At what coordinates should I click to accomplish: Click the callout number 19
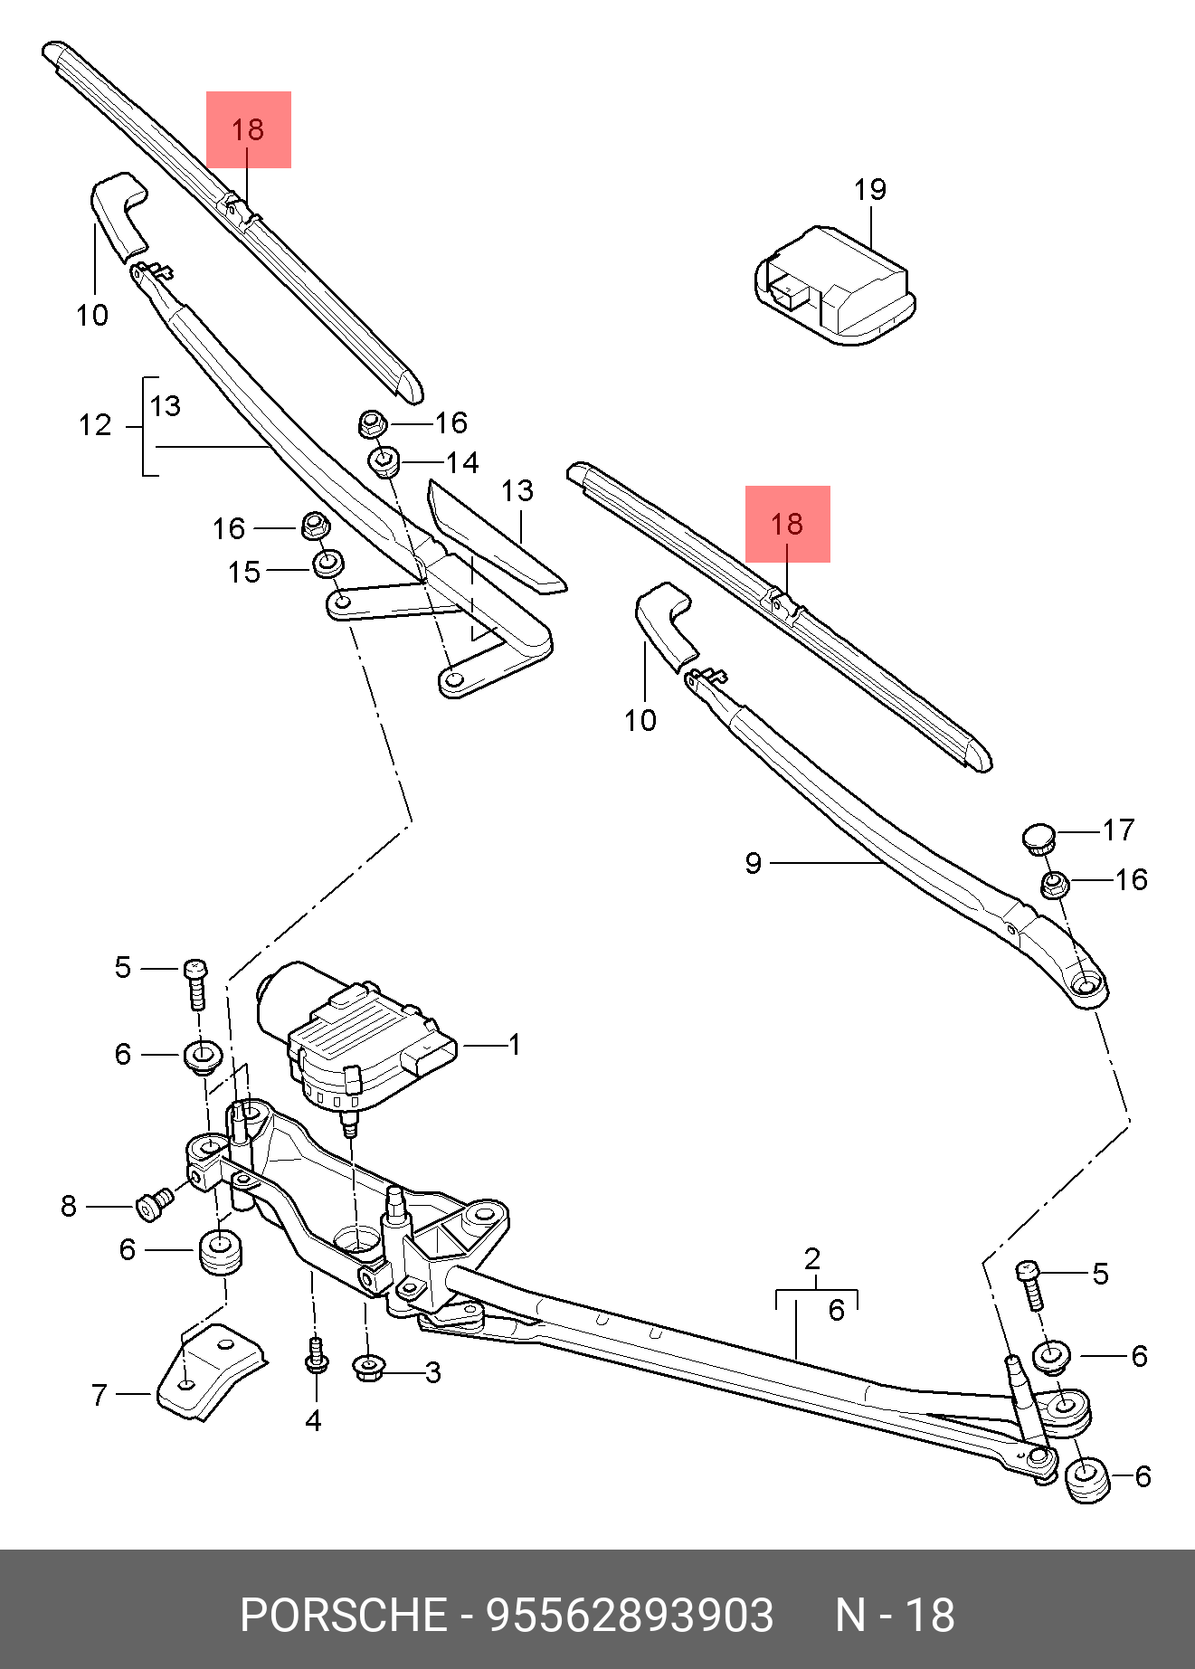coord(870,190)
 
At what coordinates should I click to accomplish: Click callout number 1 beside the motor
coord(514,1045)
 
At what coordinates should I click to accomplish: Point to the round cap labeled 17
coord(1040,837)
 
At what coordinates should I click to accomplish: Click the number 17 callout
coord(1118,830)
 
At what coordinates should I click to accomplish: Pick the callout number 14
coord(462,463)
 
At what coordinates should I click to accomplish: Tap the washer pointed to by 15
coord(327,564)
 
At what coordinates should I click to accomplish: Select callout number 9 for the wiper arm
coord(754,863)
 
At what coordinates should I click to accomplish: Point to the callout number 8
coord(69,1206)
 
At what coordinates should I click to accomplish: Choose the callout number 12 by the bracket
coord(95,425)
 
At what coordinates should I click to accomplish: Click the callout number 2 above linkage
coord(811,1257)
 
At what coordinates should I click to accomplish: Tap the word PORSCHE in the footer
coord(344,1615)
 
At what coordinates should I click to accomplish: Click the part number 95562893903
coord(631,1615)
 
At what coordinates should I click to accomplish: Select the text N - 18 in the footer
coord(894,1615)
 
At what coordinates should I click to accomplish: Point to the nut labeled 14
coord(384,461)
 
